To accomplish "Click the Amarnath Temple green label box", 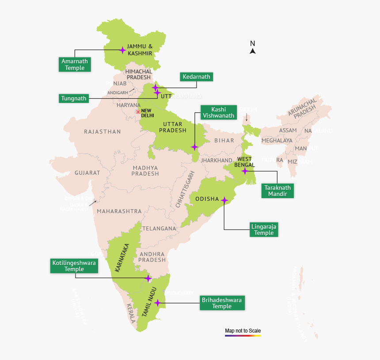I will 75,64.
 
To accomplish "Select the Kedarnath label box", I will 197,77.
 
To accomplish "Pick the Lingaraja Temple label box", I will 264,229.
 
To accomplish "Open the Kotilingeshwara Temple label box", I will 74,266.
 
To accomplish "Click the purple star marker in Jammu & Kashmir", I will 123,50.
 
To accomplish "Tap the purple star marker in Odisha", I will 224,200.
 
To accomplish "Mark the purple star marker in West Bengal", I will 245,171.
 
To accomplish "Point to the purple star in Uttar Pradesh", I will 194,146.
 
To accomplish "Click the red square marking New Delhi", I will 138,112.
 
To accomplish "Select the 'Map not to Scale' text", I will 243,330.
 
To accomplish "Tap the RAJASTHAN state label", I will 102,131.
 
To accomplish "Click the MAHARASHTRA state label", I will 119,211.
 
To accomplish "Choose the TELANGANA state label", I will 159,228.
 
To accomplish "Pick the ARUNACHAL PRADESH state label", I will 303,109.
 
